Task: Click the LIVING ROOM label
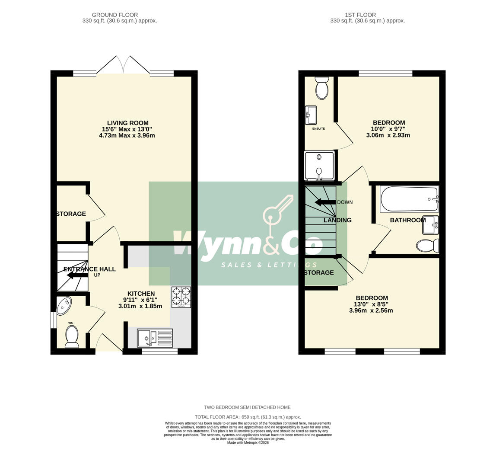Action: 127,123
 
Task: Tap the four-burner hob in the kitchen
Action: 181,297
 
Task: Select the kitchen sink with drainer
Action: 155,338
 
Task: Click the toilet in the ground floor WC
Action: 72,336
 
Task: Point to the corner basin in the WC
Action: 64,305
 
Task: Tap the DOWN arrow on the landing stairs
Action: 325,202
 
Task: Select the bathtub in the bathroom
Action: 409,199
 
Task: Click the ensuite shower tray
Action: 319,165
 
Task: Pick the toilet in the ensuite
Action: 322,88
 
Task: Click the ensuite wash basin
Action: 311,115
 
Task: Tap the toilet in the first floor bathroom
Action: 427,246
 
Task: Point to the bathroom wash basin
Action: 430,225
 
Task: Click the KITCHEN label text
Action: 141,294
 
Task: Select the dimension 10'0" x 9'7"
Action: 388,129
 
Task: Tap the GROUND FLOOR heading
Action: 115,15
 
